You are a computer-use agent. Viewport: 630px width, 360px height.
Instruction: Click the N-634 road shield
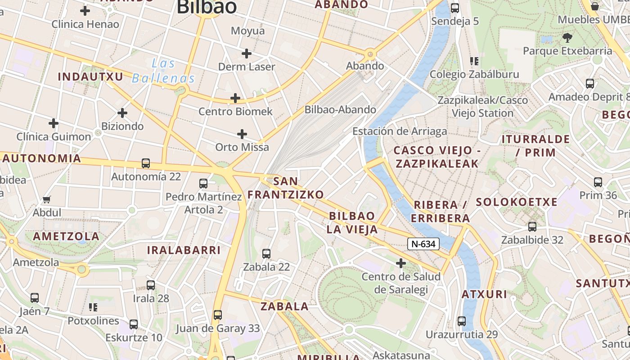tap(423, 244)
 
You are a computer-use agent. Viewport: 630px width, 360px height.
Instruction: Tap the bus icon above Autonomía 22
tap(146, 163)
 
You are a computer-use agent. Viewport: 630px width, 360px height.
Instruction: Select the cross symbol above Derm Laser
tap(246, 54)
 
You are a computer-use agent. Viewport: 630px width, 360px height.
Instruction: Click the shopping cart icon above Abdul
tap(47, 199)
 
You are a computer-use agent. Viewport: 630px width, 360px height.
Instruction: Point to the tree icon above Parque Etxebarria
tap(567, 37)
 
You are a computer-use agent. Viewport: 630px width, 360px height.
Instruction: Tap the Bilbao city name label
tap(207, 7)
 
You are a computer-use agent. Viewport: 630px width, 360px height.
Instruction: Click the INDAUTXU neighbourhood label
tap(90, 76)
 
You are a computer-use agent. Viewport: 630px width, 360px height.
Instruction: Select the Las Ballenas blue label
tap(163, 71)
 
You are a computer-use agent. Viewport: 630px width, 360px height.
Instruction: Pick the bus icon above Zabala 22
tap(266, 254)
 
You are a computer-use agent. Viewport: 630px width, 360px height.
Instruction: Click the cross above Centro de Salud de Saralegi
tap(400, 263)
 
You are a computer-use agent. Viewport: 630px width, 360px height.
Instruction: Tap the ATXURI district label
tap(485, 295)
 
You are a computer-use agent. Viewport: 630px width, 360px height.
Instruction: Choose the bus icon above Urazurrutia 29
tap(462, 321)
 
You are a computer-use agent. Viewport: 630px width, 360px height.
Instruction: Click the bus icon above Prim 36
tap(598, 182)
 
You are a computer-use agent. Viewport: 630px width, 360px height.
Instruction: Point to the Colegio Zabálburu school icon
tap(474, 61)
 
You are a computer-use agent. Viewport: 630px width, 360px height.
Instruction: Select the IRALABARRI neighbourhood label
tap(184, 250)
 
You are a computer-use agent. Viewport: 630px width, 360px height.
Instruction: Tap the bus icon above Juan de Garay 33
tap(218, 315)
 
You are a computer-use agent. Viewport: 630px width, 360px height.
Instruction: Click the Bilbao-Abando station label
tap(340, 110)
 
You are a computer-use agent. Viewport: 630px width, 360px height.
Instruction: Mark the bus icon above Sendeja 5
tap(455, 8)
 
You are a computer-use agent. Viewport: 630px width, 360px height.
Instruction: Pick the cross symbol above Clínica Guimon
tap(54, 123)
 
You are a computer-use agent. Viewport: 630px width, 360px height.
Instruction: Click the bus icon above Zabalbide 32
tap(532, 227)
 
